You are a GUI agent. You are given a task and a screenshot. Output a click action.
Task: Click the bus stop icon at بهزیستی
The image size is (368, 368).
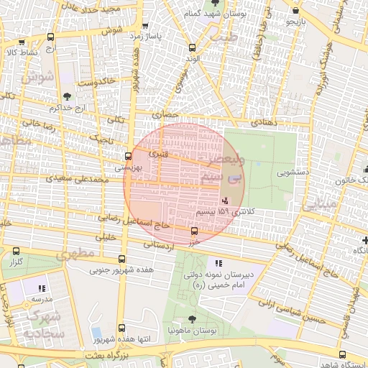point(128,156)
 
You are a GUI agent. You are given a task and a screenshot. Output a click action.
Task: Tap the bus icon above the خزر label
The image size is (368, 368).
point(193,231)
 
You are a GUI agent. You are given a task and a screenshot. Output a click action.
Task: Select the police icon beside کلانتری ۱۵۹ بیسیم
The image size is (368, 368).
point(226,201)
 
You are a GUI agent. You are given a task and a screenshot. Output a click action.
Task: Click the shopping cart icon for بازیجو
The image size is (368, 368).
point(296,11)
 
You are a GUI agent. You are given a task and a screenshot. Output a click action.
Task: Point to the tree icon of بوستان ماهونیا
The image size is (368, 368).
point(191,319)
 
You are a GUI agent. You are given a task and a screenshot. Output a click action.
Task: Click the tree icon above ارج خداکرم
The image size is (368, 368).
point(67,96)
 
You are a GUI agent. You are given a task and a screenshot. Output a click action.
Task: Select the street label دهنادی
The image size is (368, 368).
point(263,123)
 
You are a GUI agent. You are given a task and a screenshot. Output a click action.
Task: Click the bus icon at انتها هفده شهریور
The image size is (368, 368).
point(120,328)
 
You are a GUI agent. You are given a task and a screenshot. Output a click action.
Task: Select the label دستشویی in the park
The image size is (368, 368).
point(293,173)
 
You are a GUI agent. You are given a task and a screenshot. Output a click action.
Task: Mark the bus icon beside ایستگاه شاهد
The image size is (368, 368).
point(341,354)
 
